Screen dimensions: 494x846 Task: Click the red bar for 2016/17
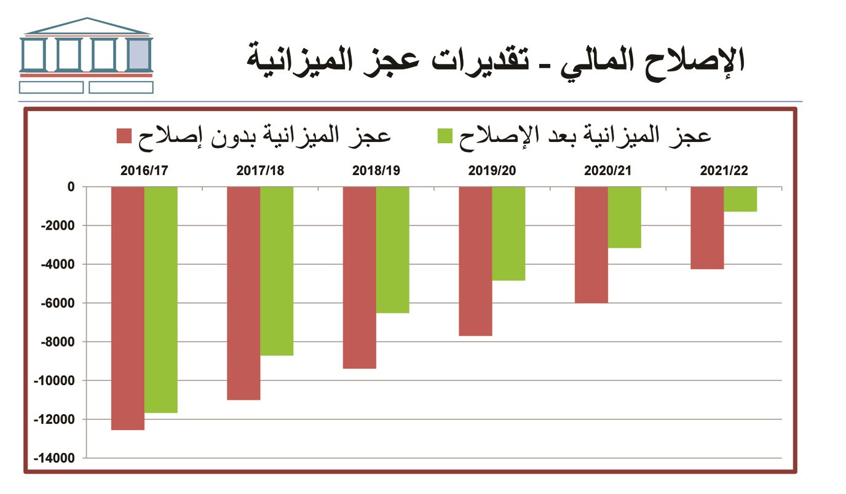tap(127, 307)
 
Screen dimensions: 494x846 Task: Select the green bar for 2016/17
tap(160, 299)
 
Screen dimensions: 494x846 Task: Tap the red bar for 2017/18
tap(243, 292)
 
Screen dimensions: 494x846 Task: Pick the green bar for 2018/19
tap(392, 249)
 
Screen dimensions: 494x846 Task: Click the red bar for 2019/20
tap(475, 261)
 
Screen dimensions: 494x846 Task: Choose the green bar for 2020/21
tap(624, 217)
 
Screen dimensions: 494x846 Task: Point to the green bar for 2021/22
tap(740, 199)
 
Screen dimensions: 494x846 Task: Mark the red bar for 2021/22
tap(707, 227)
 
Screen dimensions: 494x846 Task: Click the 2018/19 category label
tap(376, 171)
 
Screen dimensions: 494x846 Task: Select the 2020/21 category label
tap(608, 171)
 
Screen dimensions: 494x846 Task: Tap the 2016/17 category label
tap(144, 171)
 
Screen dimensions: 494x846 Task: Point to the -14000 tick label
tap(57, 458)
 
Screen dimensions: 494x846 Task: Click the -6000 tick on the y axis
tap(60, 303)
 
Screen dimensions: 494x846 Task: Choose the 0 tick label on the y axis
tap(71, 187)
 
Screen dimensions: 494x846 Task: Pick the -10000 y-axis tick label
tap(57, 381)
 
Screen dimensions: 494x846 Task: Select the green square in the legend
tap(445, 136)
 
